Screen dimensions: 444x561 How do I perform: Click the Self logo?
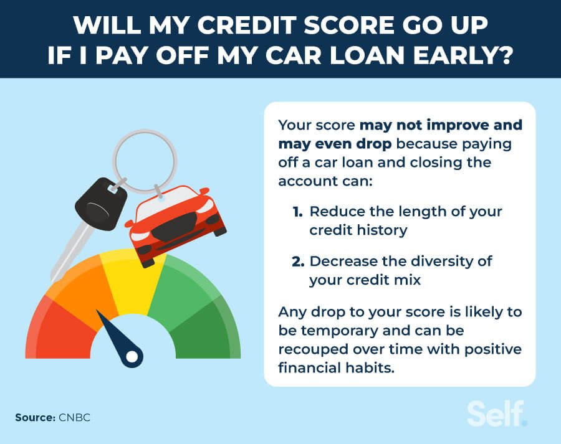click(496, 413)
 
